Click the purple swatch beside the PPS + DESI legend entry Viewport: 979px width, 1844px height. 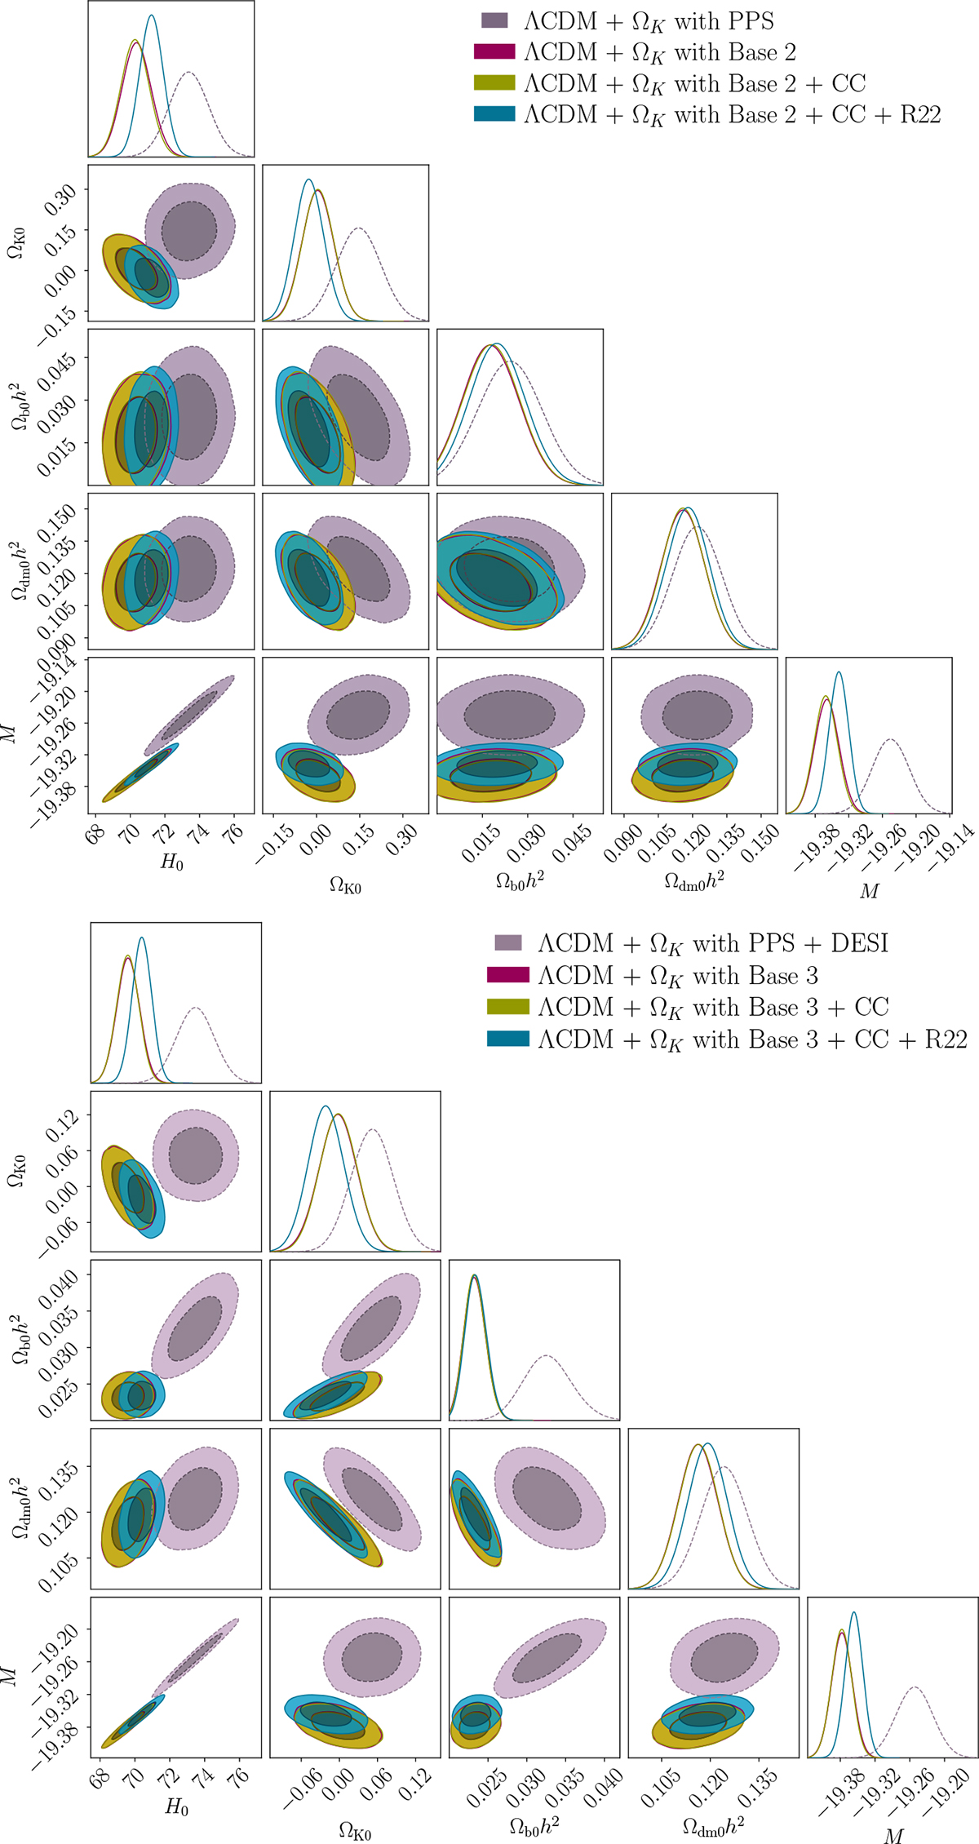click(x=507, y=943)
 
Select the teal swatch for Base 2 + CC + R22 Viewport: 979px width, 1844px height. click(x=494, y=114)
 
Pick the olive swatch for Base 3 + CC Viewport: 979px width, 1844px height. click(x=507, y=1008)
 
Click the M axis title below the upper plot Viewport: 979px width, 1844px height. click(x=870, y=891)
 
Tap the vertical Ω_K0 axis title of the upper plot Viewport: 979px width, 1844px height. click(x=16, y=243)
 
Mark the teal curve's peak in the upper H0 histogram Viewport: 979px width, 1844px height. click(x=151, y=15)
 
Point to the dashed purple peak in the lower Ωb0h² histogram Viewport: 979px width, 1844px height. click(x=546, y=1356)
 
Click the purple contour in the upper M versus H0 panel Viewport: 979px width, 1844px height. click(x=189, y=716)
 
